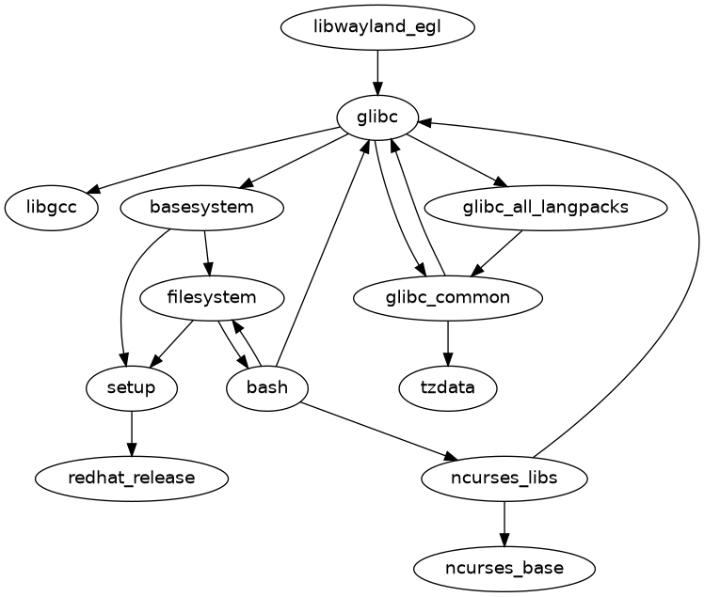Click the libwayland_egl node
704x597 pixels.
coord(377,26)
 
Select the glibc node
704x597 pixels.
coord(377,117)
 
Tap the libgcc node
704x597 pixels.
coord(52,207)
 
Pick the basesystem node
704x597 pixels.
coord(202,207)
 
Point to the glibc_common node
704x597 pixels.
coord(448,298)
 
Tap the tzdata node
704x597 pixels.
coord(448,387)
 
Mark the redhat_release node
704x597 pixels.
coord(132,478)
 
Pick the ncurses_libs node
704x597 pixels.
coord(505,478)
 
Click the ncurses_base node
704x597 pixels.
coord(505,568)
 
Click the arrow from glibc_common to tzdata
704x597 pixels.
coord(448,343)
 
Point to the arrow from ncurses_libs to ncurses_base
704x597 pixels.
coord(505,523)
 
